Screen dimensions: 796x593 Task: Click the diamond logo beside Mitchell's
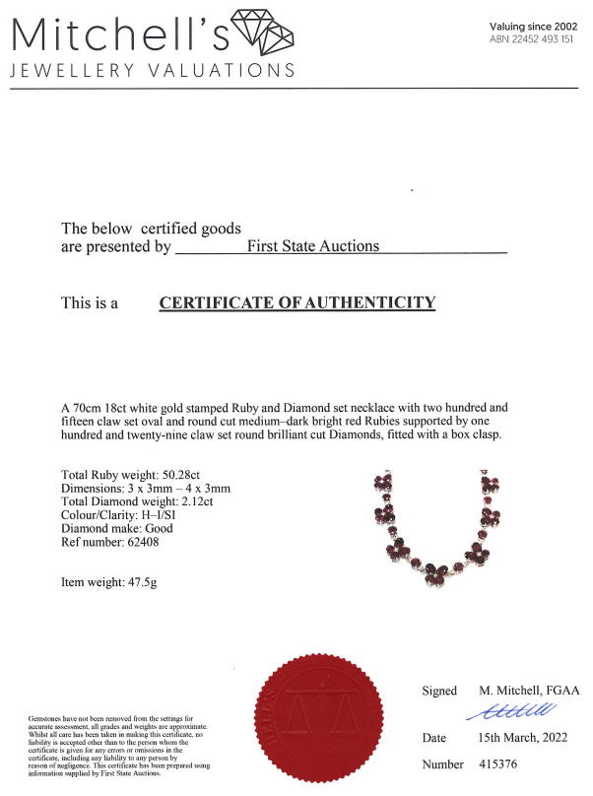click(x=261, y=32)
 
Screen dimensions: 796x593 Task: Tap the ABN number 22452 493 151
click(x=533, y=39)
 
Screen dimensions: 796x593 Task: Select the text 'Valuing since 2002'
click(x=533, y=26)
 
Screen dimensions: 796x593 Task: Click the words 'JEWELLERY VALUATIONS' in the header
click(x=152, y=70)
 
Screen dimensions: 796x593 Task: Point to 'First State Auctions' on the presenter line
click(x=312, y=246)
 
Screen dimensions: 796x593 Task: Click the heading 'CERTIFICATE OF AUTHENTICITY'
click(x=296, y=302)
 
